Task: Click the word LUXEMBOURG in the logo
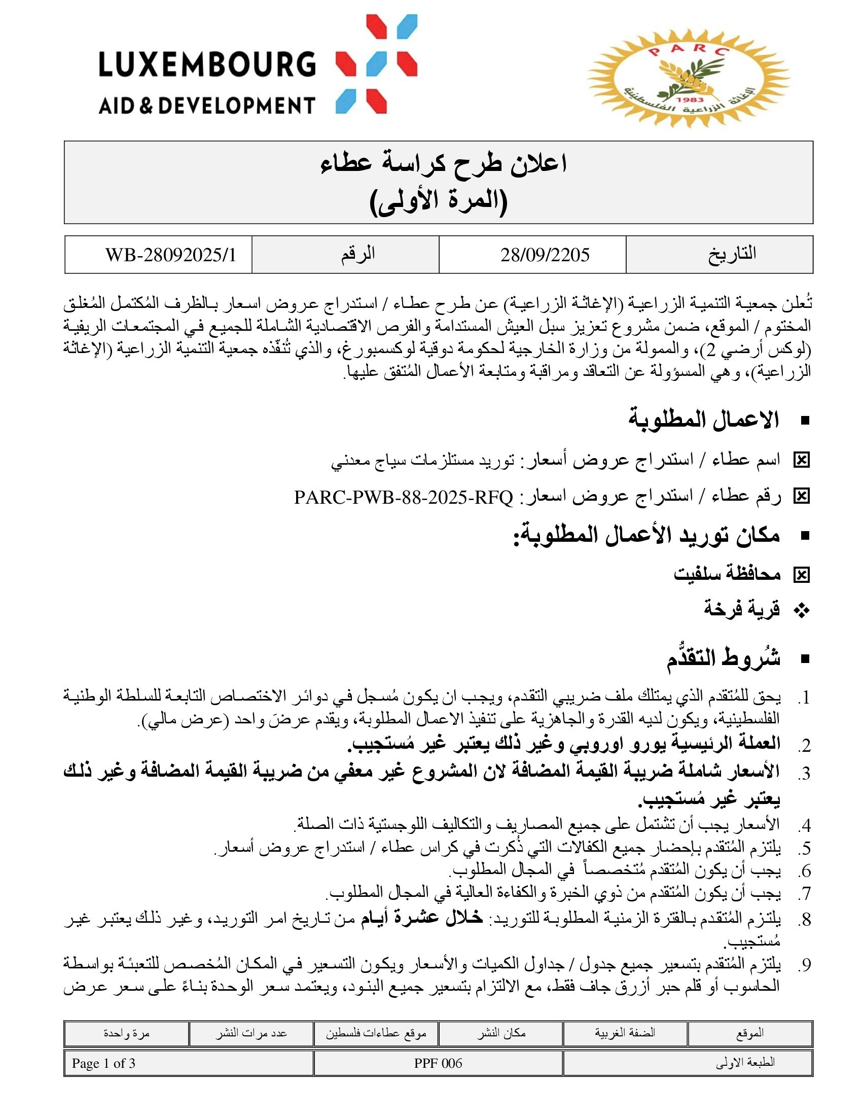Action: (207, 64)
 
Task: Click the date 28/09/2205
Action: (545, 255)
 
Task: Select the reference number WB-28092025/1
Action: (170, 255)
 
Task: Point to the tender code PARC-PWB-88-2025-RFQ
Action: (404, 497)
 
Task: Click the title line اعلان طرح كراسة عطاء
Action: (443, 164)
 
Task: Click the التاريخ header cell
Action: (731, 255)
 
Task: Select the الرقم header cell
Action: (358, 255)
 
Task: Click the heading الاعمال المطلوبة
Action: (703, 420)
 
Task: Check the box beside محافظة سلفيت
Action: (801, 575)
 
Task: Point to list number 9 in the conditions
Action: (805, 965)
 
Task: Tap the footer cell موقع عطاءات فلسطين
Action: (376, 1034)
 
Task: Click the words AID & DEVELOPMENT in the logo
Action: (207, 106)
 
